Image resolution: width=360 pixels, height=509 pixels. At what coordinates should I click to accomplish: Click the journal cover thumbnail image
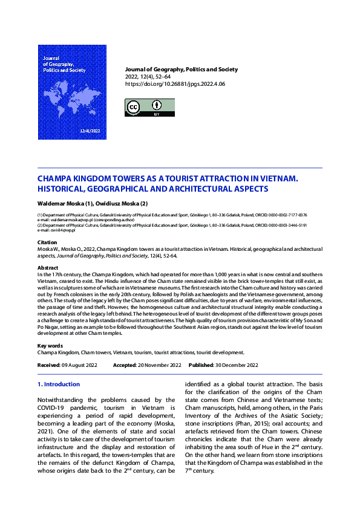72,92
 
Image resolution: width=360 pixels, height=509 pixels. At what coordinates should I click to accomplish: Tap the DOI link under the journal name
174,85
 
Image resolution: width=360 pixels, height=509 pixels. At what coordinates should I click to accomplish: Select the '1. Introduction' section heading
59,384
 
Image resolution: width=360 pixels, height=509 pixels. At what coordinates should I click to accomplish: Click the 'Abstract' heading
48,267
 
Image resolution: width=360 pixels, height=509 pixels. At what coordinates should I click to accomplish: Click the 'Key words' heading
50,346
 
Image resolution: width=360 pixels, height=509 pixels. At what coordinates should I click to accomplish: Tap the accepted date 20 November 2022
159,365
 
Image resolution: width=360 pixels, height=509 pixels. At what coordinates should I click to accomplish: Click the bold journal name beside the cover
181,70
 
